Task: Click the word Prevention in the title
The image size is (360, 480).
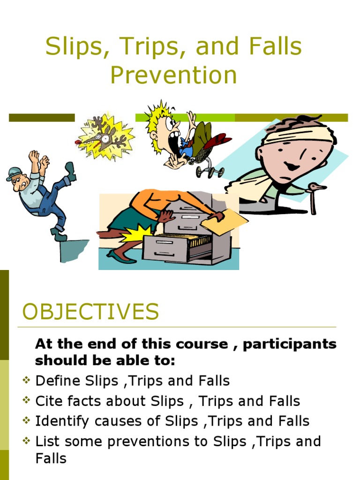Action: tap(173, 75)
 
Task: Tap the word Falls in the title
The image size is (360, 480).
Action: tap(274, 48)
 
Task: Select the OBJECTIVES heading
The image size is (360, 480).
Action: tap(90, 312)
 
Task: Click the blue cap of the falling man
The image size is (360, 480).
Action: tap(14, 173)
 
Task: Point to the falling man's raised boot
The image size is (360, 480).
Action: tap(70, 171)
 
